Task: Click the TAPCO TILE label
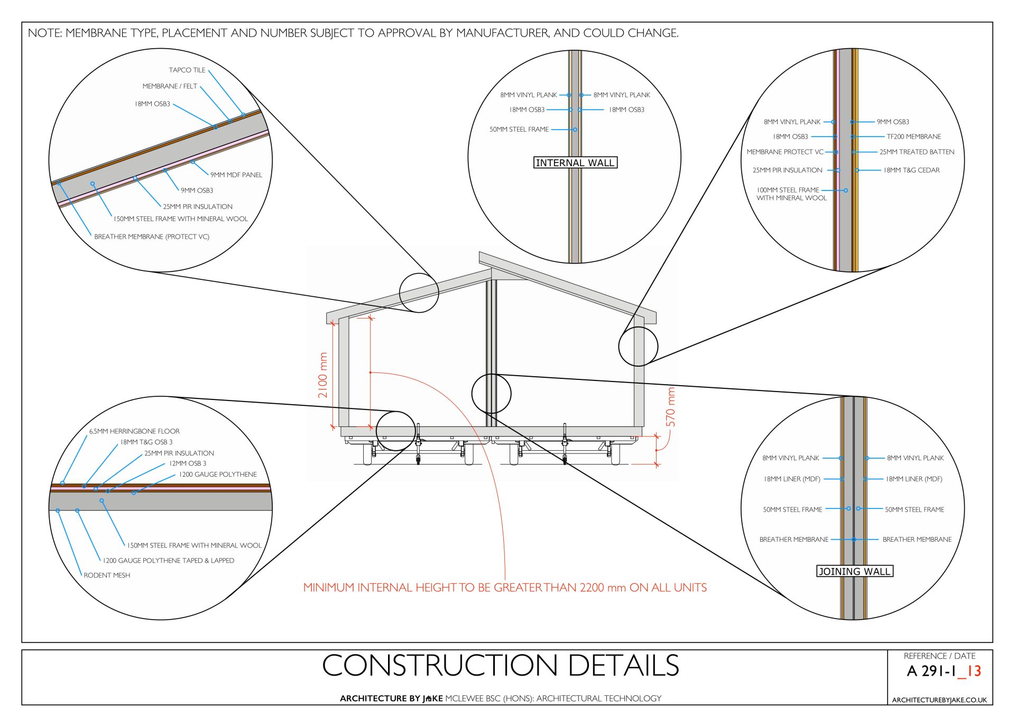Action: [187, 70]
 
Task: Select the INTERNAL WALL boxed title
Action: [575, 162]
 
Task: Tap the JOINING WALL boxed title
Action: [854, 571]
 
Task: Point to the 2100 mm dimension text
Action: [323, 375]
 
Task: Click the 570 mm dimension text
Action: [671, 407]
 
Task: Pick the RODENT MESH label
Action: [107, 575]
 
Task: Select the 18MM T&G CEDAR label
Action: [911, 170]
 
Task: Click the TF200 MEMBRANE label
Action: [914, 137]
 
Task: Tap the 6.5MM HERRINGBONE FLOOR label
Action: [134, 431]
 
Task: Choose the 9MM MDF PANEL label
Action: [236, 175]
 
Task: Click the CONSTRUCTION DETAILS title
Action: [500, 665]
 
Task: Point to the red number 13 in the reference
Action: [973, 671]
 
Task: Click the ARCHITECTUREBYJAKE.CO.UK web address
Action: [939, 700]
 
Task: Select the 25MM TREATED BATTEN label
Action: [917, 152]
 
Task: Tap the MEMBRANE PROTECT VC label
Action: [785, 152]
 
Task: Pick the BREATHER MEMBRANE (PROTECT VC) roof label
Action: [152, 237]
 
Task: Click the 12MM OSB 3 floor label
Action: [188, 463]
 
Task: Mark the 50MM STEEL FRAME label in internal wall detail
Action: [519, 129]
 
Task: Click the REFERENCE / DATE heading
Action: [939, 656]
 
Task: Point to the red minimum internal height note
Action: [505, 587]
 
